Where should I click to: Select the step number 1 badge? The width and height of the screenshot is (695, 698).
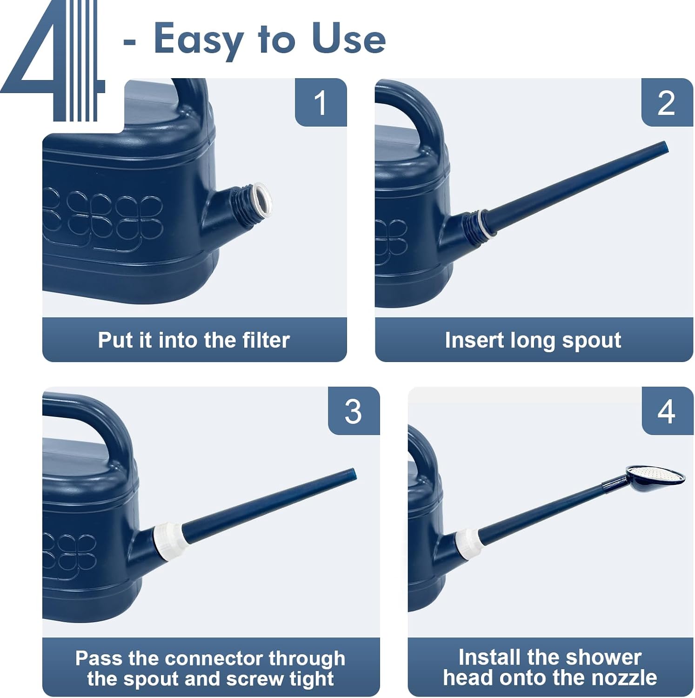(321, 102)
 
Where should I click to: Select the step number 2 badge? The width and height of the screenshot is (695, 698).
(667, 102)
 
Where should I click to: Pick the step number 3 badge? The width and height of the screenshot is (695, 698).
(354, 411)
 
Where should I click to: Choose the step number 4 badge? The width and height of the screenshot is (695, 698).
(667, 411)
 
